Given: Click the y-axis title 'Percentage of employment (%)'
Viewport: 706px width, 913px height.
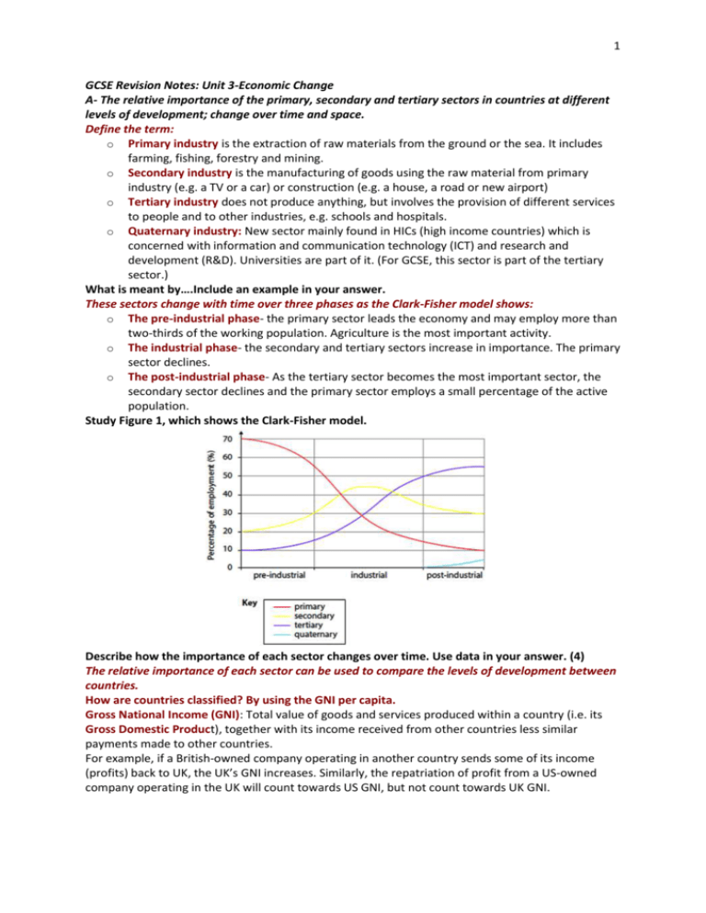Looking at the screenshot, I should tap(212, 502).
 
